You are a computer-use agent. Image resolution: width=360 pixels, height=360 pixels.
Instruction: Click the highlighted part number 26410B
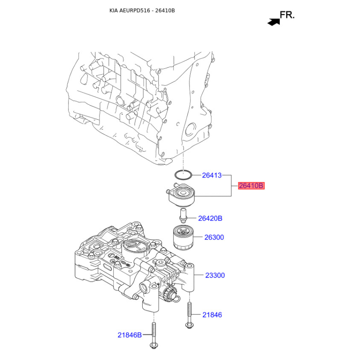[251, 185]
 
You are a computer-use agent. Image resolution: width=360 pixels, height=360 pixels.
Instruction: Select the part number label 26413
[211, 175]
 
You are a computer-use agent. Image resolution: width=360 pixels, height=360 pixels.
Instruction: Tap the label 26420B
[211, 219]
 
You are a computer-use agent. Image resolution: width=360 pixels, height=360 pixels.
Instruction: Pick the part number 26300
[214, 237]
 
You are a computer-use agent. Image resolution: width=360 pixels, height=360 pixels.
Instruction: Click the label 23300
[215, 275]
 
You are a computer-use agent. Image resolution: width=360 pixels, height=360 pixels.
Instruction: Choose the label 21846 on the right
[212, 315]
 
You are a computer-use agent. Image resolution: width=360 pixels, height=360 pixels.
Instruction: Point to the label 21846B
[130, 335]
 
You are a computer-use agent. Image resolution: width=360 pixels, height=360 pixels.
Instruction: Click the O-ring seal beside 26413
[182, 174]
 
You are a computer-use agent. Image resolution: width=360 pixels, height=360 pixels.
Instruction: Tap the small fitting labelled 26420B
[183, 215]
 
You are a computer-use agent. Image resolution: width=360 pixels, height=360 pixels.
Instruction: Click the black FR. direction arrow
[273, 21]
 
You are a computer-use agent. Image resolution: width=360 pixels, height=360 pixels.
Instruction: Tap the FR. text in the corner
[287, 15]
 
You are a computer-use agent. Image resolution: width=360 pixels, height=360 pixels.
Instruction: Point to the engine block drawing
[135, 103]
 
